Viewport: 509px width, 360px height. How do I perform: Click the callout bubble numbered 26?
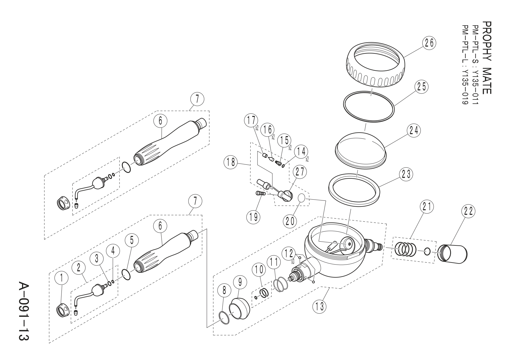pos(429,43)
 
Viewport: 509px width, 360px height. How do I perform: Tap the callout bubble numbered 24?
pos(414,131)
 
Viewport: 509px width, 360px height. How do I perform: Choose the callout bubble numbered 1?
pos(61,278)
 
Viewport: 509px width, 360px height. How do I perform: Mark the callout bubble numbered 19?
pos(253,217)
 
